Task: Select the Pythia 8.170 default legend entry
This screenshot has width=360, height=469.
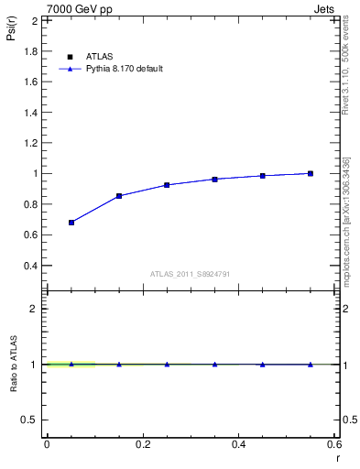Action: [124, 69]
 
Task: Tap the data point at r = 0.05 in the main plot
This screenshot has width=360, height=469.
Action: [71, 223]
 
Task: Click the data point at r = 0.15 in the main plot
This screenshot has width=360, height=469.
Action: [119, 196]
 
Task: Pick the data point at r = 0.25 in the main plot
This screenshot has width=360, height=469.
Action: [167, 185]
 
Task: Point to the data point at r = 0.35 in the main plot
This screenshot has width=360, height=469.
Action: [214, 180]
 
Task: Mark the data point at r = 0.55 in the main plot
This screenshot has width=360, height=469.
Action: [311, 173]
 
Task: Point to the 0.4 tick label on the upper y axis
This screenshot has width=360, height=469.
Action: [31, 266]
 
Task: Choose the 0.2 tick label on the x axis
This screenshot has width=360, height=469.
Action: [142, 443]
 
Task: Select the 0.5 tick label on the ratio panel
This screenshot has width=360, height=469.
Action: [29, 420]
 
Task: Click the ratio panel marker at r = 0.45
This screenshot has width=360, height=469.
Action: [263, 365]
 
